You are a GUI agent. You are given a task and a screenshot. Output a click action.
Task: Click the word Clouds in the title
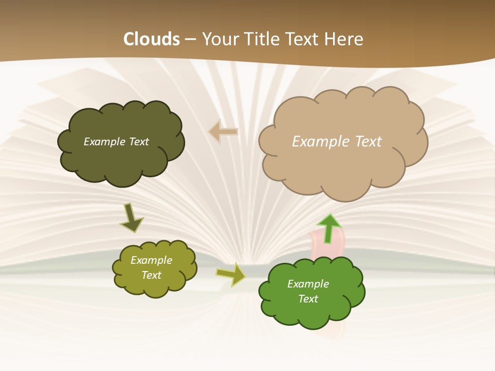[152, 39]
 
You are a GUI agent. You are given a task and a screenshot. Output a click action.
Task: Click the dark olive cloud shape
[121, 160]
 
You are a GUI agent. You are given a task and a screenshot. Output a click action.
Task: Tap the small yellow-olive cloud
[155, 286]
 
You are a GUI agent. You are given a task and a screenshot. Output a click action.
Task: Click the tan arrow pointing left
[223, 132]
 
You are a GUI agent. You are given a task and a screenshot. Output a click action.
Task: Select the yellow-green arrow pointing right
[231, 274]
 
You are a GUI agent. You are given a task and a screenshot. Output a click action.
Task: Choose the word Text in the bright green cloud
[308, 299]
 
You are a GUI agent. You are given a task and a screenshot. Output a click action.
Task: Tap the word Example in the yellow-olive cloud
[151, 260]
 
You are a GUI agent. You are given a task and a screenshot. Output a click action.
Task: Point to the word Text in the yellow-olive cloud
[151, 275]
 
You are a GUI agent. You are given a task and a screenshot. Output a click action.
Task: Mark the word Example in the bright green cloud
[308, 284]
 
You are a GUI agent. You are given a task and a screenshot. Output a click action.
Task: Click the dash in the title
[191, 40]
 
